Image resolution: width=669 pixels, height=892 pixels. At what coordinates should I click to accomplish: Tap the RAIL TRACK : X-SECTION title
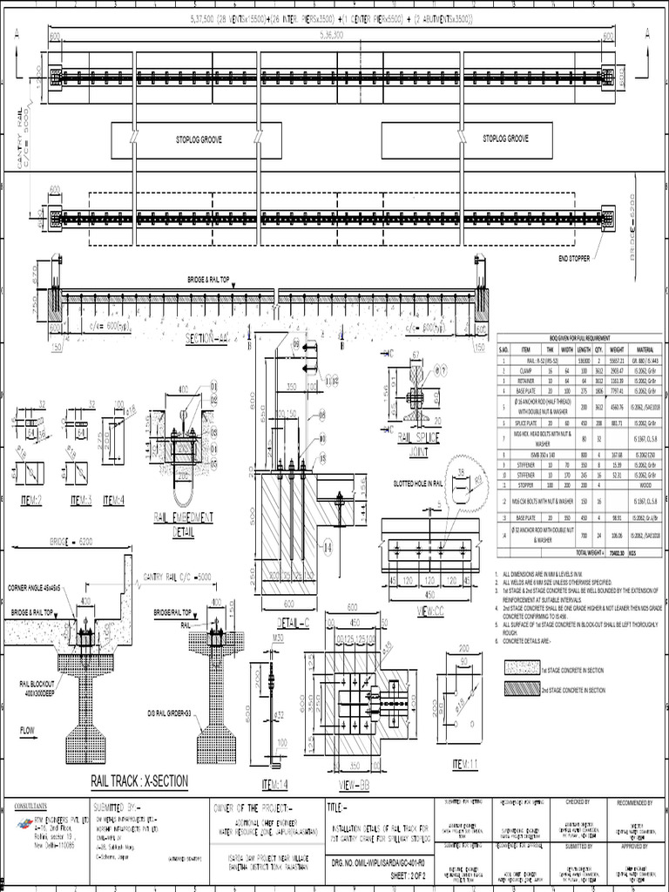pos(139,781)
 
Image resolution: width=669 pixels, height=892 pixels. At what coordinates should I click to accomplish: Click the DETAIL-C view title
pos(294,624)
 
